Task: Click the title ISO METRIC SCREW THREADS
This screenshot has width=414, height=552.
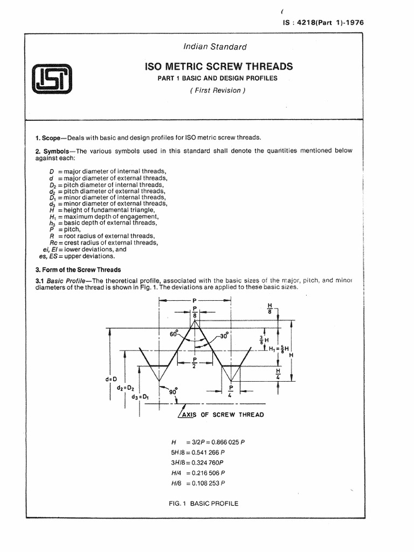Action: (x=219, y=66)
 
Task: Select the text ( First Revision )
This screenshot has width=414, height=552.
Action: (x=217, y=90)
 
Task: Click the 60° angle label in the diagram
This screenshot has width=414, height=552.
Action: (x=174, y=334)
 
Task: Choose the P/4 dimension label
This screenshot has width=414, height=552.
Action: (x=230, y=391)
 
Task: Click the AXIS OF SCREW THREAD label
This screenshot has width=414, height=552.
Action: (x=222, y=415)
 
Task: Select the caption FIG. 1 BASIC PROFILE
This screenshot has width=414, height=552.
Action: (x=203, y=503)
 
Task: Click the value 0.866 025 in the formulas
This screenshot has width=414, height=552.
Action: (x=225, y=442)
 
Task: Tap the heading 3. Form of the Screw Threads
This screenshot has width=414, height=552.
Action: (x=78, y=270)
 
